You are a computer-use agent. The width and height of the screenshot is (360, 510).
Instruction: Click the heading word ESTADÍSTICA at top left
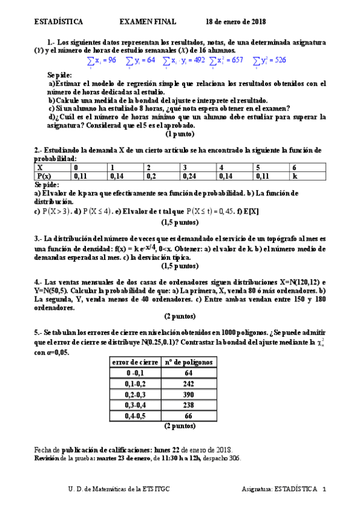click(x=58, y=22)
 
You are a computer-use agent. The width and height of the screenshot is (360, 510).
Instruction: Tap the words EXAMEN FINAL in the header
click(x=148, y=22)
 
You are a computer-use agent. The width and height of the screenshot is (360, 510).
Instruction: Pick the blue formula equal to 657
click(x=227, y=61)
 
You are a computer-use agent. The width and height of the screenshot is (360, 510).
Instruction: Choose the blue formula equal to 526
click(x=269, y=61)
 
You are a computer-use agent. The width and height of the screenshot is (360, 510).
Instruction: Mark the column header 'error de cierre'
click(x=135, y=362)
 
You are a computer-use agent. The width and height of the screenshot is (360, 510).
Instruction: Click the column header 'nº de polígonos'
click(x=188, y=362)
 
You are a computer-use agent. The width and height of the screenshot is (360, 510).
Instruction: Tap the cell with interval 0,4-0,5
click(x=135, y=415)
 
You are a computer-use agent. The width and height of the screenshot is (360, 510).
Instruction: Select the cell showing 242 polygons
click(x=189, y=383)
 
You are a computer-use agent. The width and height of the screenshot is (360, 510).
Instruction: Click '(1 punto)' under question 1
click(x=180, y=134)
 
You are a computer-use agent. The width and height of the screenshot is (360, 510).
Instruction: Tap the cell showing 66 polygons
click(x=189, y=415)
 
